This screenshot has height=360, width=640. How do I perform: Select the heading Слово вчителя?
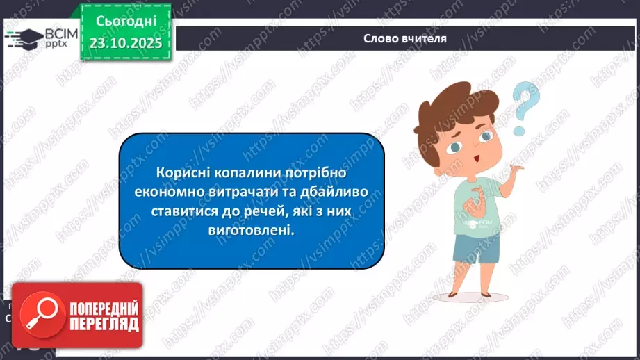pos(405,39)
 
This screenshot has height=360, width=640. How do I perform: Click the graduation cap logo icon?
pos(24,39)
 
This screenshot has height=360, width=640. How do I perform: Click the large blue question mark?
pos(527,108)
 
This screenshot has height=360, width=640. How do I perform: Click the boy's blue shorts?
pos(477,249)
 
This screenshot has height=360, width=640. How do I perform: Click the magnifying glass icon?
pos(40,315)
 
